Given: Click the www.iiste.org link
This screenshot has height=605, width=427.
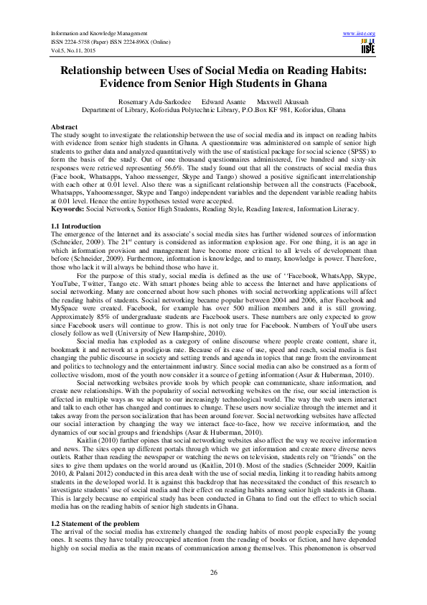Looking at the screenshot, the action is tap(360, 33).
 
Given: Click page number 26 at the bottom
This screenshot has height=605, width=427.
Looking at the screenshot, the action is tap(213, 571).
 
